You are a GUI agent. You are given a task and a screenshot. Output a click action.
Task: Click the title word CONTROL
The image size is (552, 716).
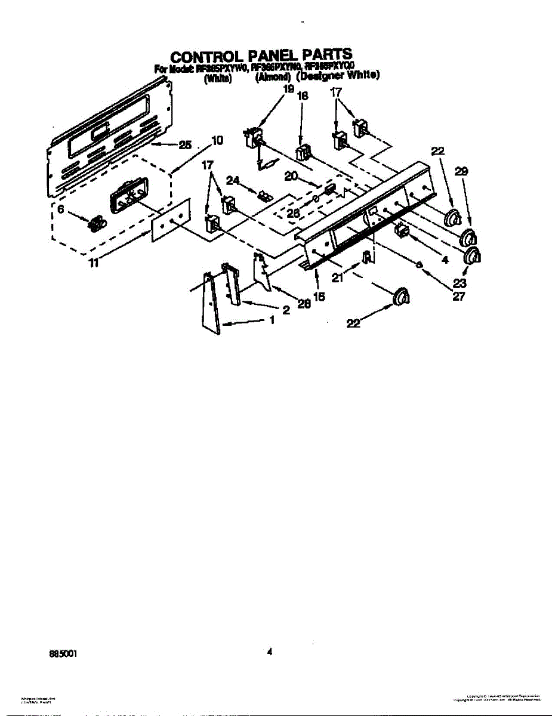click(203, 57)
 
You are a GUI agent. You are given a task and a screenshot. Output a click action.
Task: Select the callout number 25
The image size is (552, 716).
click(186, 144)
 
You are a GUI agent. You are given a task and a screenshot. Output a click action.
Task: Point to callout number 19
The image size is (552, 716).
click(289, 89)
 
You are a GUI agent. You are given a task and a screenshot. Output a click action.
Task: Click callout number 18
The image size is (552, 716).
click(303, 96)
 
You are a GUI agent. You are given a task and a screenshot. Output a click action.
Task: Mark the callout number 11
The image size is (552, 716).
click(94, 263)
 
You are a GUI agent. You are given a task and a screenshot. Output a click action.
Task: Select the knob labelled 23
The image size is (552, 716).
click(473, 257)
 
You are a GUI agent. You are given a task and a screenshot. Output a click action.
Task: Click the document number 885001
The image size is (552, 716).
click(63, 653)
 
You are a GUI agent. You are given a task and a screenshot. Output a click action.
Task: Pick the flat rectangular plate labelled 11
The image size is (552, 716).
click(170, 221)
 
